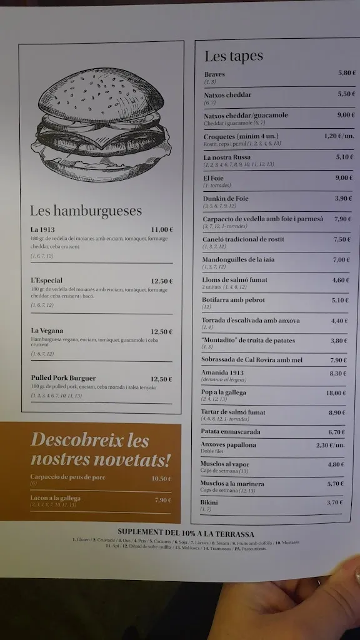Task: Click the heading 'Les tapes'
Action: [x=234, y=57]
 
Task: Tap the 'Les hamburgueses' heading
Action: [x=86, y=211]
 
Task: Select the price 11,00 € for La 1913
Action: [x=161, y=229]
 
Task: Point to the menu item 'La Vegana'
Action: [x=47, y=331]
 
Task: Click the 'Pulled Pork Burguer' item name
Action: [x=63, y=378]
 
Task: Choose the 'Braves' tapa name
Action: [x=214, y=74]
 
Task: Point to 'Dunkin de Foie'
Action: [x=226, y=199]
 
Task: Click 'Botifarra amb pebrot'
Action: [x=233, y=300]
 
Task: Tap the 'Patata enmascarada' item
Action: [x=231, y=432]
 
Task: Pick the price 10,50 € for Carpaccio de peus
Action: [x=161, y=479]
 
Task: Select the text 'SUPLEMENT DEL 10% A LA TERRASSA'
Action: [x=186, y=534]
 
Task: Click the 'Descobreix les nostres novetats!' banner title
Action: [x=100, y=450]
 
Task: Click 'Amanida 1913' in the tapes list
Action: [x=222, y=372]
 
